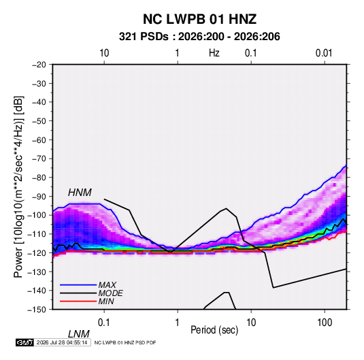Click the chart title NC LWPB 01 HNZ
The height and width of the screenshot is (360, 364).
pos(199,19)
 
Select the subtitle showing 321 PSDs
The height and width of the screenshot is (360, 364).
pos(199,37)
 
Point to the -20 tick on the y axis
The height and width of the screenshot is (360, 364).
pos(39,65)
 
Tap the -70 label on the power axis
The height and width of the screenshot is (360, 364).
pos(39,159)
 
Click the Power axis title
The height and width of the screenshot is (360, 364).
pos(18,186)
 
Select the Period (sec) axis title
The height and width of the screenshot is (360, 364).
pos(214,330)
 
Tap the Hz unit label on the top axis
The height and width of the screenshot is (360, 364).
pos(214,53)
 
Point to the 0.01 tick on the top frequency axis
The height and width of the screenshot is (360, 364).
pos(324,53)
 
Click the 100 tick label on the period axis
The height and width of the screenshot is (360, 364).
pos(325,323)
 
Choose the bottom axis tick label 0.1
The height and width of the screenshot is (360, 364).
pos(104,323)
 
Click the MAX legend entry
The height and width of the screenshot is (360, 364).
pos(107,284)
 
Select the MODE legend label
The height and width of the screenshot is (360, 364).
pos(110,293)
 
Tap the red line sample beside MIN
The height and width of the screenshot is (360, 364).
pos(78,301)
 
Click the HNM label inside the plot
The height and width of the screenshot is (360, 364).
pos(80,193)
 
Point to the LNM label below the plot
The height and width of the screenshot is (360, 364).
pos(79,334)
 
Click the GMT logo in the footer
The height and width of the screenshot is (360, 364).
pos(25,342)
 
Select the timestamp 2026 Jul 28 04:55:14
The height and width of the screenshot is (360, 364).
pos(62,342)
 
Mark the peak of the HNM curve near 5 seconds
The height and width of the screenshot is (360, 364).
pos(226,208)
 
